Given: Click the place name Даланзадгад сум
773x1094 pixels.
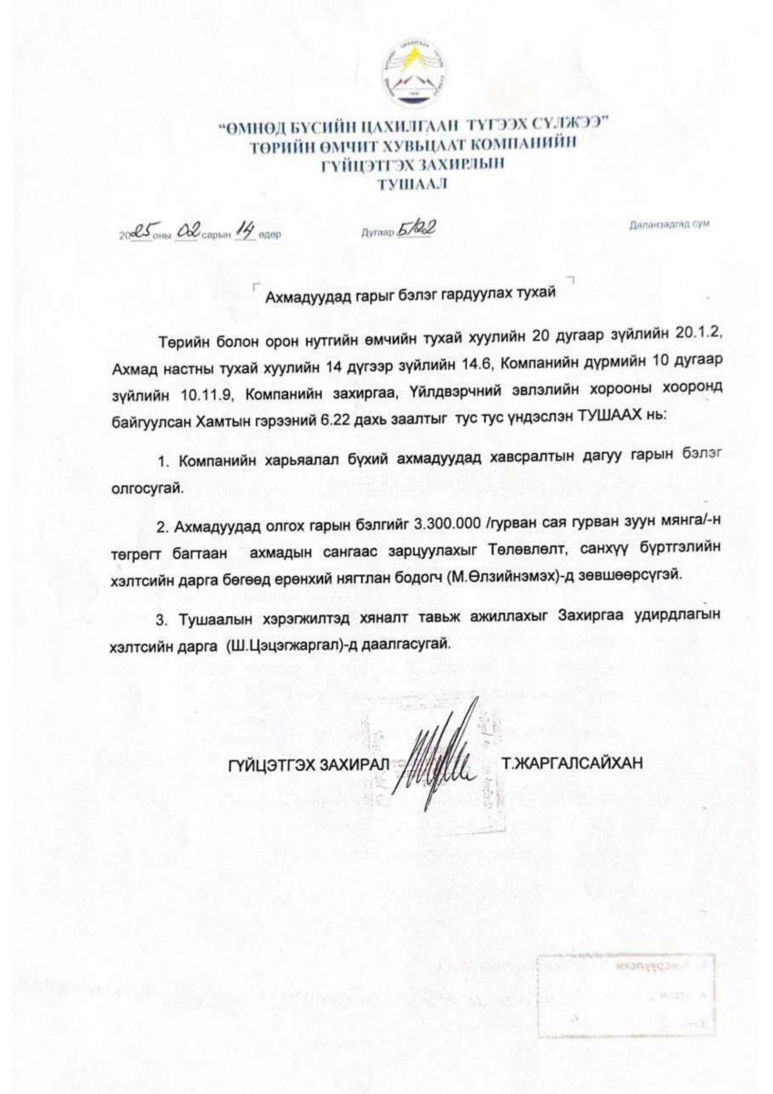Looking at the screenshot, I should (668, 223).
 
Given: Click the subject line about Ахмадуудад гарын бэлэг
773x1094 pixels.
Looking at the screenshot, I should (409, 294).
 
